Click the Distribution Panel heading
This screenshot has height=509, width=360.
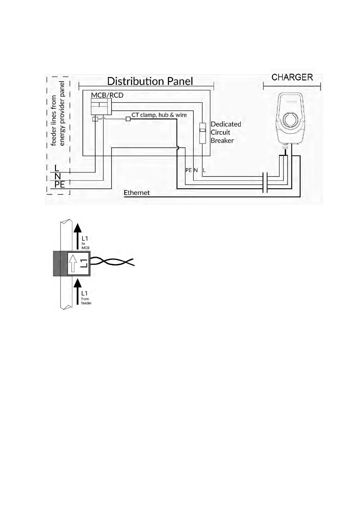coord(150,81)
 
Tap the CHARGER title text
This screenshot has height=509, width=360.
coord(292,77)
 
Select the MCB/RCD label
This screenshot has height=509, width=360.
coord(107,95)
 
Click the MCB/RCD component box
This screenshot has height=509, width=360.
coord(101,107)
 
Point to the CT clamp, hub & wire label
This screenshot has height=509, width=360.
coord(159,115)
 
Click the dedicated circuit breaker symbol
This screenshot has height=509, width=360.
coord(203,133)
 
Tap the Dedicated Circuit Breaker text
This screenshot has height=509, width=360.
coord(226,132)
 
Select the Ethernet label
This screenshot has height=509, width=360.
coord(137,193)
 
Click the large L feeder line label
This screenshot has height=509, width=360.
coord(57,168)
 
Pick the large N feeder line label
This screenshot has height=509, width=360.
coord(58,176)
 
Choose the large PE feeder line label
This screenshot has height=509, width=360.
coord(60,184)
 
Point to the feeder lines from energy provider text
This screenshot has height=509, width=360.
coord(58,114)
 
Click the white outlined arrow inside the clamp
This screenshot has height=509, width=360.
coord(72,263)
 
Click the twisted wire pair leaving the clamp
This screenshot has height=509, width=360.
coord(112,262)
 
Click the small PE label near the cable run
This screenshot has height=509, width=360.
coord(189,170)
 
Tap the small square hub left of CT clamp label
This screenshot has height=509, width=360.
coord(128,119)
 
